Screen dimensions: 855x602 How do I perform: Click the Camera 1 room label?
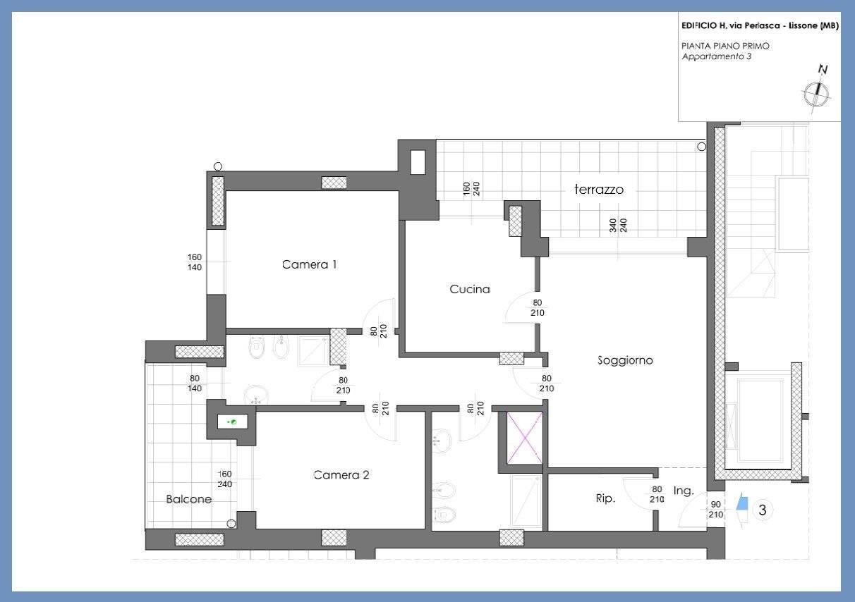(x=309, y=264)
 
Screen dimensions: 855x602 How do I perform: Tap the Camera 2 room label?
(x=341, y=475)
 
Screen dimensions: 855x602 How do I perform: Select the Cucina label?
(x=470, y=289)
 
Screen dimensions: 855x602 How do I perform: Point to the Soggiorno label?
(x=625, y=360)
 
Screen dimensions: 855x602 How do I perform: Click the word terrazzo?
(x=599, y=189)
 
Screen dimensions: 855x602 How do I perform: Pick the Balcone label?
(x=189, y=499)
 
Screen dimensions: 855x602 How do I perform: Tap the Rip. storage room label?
(x=606, y=498)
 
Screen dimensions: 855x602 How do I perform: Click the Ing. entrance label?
(x=684, y=491)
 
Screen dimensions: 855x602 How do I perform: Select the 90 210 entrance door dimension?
(x=716, y=510)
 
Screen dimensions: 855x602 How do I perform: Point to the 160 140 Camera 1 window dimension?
(x=195, y=262)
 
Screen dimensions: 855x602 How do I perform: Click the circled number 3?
(x=763, y=510)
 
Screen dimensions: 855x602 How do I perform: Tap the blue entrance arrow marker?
(x=742, y=502)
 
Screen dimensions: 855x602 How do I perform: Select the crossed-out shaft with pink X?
(x=526, y=438)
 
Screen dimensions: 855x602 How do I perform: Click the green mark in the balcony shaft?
(x=233, y=422)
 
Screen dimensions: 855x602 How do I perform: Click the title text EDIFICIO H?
(x=705, y=25)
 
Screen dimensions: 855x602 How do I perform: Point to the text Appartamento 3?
(x=717, y=56)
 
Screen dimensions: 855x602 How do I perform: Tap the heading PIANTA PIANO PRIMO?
(x=725, y=46)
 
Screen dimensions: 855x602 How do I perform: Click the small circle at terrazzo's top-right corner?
(x=701, y=147)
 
